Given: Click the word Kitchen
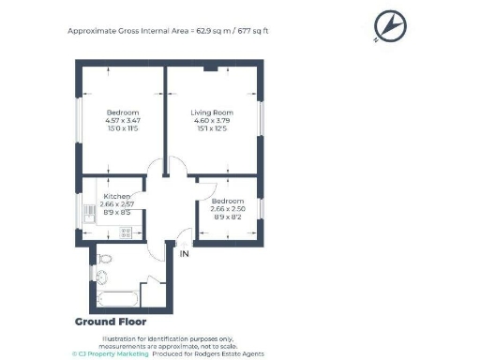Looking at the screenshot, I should coord(117,196).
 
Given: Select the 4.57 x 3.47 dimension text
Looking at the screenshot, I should coord(122,120).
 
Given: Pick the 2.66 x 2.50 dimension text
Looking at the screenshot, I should coord(230,209).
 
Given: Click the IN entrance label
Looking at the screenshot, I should coord(185,253).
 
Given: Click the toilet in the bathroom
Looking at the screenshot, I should coord(105,258).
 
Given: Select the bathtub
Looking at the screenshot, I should coord(117,298).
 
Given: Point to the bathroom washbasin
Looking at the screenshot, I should coord(101,277).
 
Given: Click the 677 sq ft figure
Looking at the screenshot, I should coord(253,30).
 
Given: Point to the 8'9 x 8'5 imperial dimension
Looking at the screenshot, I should coord(118,211).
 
